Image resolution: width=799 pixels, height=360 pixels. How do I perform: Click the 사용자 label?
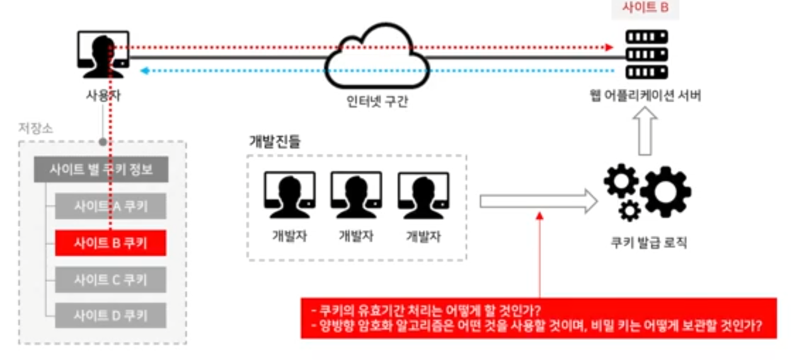click(103, 94)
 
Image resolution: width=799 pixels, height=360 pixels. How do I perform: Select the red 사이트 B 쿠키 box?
click(110, 243)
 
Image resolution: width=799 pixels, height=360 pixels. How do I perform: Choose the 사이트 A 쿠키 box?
click(110, 206)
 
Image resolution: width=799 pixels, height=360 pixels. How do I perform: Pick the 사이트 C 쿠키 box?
click(110, 279)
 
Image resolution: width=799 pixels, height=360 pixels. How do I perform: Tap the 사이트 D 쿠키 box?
click(110, 315)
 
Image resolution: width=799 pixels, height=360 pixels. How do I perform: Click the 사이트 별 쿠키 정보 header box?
click(100, 169)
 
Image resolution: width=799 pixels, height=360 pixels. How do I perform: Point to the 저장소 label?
click(35, 129)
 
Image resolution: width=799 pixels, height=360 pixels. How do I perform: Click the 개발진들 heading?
click(274, 141)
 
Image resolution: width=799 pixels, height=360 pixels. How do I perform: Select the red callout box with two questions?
click(539, 319)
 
